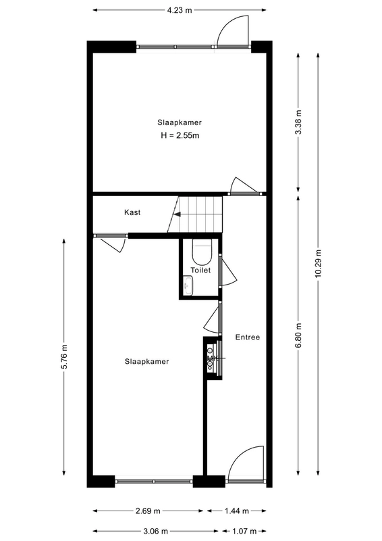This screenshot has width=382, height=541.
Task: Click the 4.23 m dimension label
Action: (180, 9)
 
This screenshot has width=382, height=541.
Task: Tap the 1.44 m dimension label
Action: (237, 511)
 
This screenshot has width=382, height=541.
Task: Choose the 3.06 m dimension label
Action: (155, 531)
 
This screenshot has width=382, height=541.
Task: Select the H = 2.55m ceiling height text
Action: (180, 135)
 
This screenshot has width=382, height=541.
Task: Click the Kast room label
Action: (132, 213)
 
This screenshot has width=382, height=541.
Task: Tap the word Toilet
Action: (200, 270)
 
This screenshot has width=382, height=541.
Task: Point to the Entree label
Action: (247, 337)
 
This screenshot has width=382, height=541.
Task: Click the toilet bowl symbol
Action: (202, 252)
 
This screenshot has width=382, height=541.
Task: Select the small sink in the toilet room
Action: (188, 287)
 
